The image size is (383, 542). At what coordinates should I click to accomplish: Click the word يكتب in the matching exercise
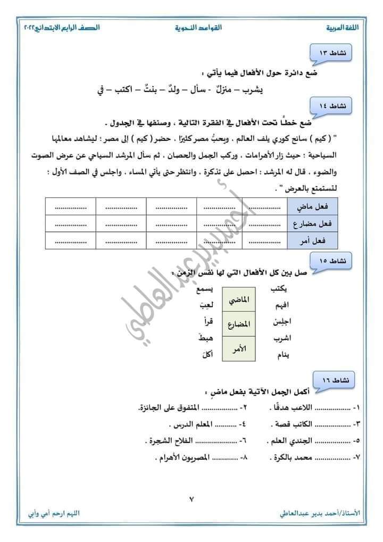280,289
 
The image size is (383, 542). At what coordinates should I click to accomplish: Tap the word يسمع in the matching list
205,289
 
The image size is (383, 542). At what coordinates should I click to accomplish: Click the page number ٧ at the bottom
191,499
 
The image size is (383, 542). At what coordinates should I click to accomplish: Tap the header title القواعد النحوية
198,26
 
